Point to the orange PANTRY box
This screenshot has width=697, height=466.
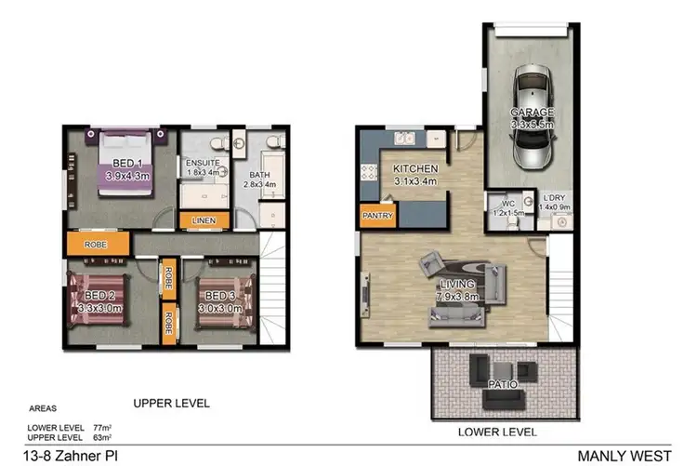[376, 216]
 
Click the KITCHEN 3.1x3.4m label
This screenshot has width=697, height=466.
[414, 174]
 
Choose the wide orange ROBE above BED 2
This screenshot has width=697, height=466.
[97, 245]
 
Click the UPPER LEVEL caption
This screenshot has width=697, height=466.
[171, 404]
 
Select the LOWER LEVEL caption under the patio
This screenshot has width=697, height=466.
[497, 432]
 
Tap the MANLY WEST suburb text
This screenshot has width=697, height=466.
[624, 455]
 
